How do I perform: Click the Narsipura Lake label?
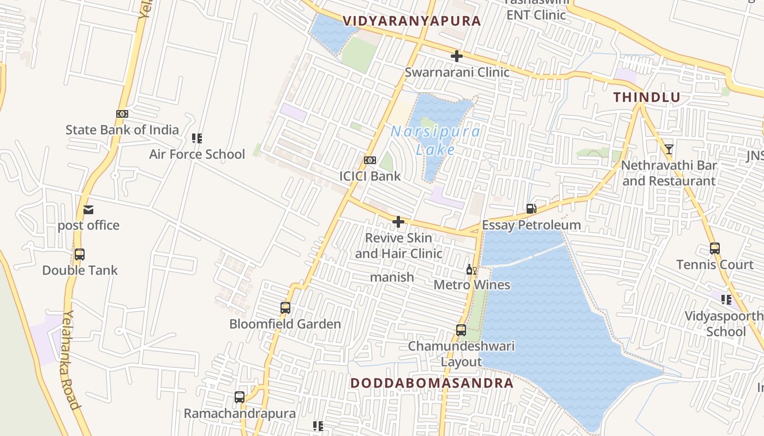pos(435,140)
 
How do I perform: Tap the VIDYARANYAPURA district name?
pos(411,21)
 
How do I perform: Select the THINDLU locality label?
pos(647,98)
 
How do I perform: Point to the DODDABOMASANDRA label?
pos(432,383)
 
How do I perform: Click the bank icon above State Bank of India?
pos(122,114)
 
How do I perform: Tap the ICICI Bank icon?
pos(370,160)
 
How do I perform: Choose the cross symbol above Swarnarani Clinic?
pos(457,56)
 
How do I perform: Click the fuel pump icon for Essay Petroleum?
pos(531,209)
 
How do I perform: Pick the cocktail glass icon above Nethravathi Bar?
pos(668,149)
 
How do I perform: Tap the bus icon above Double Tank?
pos(80,255)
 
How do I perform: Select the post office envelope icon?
pos(88,210)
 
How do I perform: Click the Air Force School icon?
pos(197,138)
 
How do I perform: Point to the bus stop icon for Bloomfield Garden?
pos(285,308)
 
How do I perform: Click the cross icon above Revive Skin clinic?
pos(398,222)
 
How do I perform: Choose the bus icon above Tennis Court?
pos(715,249)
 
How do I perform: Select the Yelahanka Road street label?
pos(71,360)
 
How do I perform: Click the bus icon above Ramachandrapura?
pos(240,397)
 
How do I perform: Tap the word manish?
pos(392,277)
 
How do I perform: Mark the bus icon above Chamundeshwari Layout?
pos(461,330)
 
